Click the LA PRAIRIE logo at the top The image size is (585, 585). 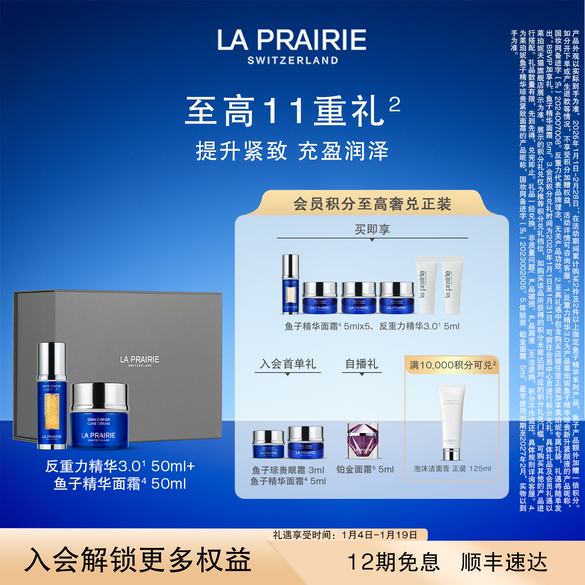pyautogui.click(x=292, y=40)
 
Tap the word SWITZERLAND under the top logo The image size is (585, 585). pyautogui.click(x=292, y=61)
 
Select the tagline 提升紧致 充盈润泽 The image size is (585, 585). pyautogui.click(x=292, y=151)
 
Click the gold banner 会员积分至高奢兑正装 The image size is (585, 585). pyautogui.click(x=372, y=204)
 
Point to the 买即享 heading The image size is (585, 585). pyautogui.click(x=372, y=230)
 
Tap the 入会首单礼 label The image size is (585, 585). pyautogui.click(x=288, y=364)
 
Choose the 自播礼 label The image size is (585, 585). pyautogui.click(x=362, y=364)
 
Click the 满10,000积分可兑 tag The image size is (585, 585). pyautogui.click(x=452, y=365)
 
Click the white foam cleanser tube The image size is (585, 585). pyautogui.click(x=452, y=422)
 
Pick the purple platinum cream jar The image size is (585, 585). pyautogui.click(x=363, y=441)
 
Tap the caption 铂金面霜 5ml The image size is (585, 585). pyautogui.click(x=365, y=469)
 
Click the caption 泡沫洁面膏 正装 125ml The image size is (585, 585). pyautogui.click(x=452, y=468)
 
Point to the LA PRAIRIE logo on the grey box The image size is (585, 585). pyautogui.click(x=140, y=361)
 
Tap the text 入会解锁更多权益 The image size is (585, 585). pyautogui.click(x=138, y=560)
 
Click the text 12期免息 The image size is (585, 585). pyautogui.click(x=394, y=562)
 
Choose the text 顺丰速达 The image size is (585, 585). pyautogui.click(x=504, y=562)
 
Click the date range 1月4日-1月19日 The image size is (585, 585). pyautogui.click(x=379, y=535)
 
